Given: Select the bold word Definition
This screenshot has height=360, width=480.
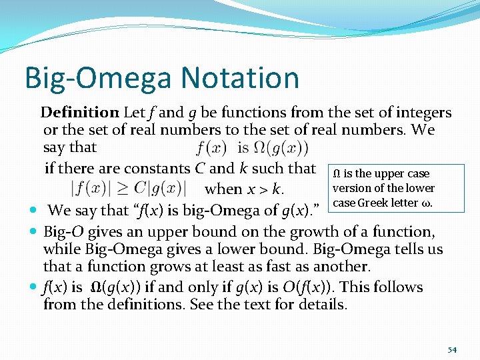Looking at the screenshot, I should coord(79,113).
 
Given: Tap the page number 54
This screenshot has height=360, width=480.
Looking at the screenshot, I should coord(452,349).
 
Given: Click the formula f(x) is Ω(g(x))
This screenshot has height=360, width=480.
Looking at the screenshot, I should coord(253,147).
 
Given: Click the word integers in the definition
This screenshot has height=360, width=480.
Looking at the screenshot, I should coord(423,113).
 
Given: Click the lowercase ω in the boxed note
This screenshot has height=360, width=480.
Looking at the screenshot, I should coord(427,203).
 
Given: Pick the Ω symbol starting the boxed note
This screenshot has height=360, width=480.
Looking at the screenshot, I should coord(337,174).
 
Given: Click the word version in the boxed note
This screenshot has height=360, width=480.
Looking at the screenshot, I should coord(351,188).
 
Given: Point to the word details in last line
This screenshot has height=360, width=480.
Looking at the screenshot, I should coord(323,305).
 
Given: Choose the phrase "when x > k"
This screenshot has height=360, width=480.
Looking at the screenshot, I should coord(244,189).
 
